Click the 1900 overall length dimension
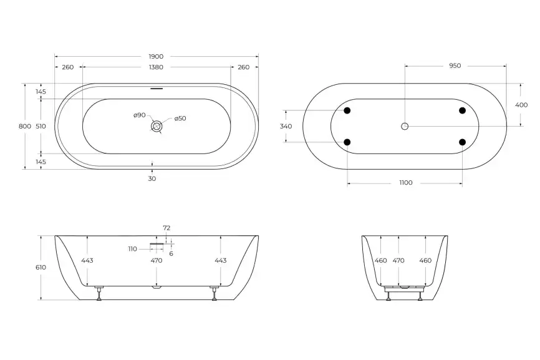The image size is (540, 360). click(x=156, y=57)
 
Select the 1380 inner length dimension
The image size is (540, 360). click(x=156, y=67)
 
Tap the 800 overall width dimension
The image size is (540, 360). click(x=25, y=127)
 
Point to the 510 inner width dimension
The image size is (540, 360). click(x=41, y=127)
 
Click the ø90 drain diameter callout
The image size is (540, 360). click(x=140, y=115)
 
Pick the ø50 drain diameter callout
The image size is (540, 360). click(x=180, y=119)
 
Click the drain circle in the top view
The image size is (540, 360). click(x=157, y=126)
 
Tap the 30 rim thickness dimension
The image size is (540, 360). click(x=152, y=178)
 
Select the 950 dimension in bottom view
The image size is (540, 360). click(x=455, y=66)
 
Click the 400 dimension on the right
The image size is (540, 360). click(x=521, y=105)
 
